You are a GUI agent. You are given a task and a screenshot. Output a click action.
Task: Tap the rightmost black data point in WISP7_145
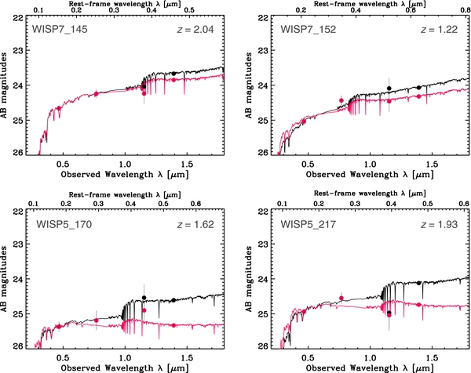[x=173, y=74]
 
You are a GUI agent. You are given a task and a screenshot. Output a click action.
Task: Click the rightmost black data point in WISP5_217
[x=419, y=282]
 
